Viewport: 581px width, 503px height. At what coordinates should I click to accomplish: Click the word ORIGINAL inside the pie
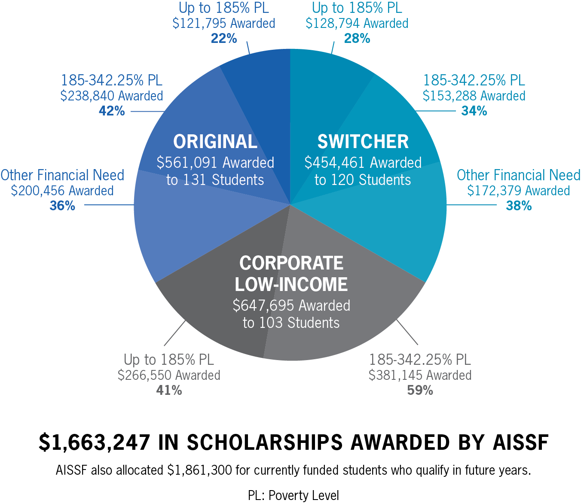coord(215,142)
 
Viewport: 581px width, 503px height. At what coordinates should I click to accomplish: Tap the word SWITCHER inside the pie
coord(363,142)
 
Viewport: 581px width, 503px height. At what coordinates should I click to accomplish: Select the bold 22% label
coord(224,39)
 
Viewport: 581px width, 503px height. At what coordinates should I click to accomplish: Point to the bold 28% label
coord(357,39)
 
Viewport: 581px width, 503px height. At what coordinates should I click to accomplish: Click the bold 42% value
coord(112,111)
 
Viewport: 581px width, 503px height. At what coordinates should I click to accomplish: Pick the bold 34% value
coord(474,111)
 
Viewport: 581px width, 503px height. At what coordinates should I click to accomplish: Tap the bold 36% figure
coord(62,206)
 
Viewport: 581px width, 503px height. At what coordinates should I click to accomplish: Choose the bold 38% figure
coord(519,206)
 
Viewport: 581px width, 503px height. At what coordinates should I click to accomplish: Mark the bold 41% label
coord(169,390)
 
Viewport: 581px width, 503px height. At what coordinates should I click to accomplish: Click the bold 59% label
coord(420,390)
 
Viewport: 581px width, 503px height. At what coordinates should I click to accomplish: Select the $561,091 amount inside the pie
coord(187,163)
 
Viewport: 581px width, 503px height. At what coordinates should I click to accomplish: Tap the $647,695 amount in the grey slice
coord(263,306)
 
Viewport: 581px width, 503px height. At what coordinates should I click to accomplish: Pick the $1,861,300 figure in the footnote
coord(199,470)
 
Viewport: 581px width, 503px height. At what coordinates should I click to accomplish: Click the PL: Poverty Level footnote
coord(294,495)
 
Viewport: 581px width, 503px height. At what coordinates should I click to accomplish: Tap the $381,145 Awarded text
coord(420,375)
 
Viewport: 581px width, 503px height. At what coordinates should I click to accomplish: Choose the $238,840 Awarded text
coord(112,96)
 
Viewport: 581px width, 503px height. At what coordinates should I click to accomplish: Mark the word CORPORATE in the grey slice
coord(291,263)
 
